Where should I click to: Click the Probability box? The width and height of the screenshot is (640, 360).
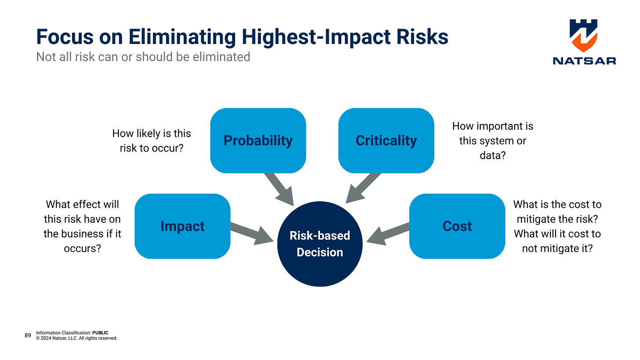coord(258,141)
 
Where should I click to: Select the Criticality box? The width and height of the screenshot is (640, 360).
coord(386,141)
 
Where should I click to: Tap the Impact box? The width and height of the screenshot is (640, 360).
coord(182,226)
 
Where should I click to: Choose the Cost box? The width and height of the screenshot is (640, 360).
coord(457,226)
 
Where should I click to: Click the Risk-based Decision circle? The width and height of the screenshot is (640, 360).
coord(320,244)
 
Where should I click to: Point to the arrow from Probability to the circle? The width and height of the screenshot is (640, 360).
coord(279,187)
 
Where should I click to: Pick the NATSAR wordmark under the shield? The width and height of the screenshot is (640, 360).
coord(584,61)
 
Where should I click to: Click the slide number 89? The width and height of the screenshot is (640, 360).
coord(28,335)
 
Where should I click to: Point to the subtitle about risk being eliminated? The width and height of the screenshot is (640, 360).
coord(143,57)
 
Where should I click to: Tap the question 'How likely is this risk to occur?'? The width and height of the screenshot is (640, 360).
coord(152,141)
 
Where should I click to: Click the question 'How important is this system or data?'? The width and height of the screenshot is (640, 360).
coord(492,141)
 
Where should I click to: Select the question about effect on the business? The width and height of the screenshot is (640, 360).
coord(82,226)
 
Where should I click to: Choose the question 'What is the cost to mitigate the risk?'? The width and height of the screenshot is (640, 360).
coord(557,211)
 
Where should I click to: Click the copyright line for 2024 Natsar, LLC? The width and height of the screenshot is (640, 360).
coord(77,338)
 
